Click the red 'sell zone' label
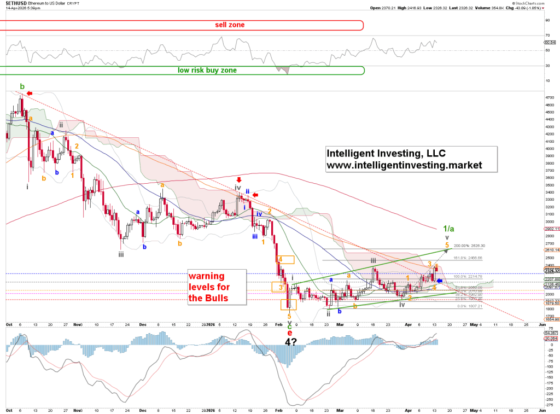pos(229,25)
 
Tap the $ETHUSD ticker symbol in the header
pos(14,3)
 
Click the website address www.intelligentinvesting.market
pos(404,164)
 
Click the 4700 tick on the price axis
pos(549,97)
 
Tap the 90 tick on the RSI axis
pos(547,20)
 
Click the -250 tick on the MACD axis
pos(549,399)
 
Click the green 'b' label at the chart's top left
pos(22,86)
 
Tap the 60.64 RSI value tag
pos(550,43)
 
